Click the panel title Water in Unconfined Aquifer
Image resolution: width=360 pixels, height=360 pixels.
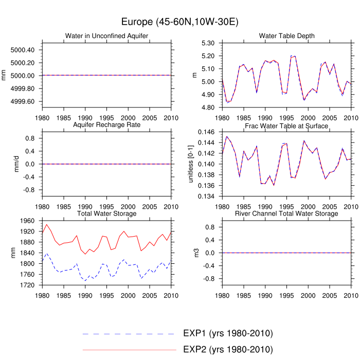pos(107,36)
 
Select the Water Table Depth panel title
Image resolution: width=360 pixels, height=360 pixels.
pos(287,36)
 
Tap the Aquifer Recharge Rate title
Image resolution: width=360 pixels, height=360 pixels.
pos(107,125)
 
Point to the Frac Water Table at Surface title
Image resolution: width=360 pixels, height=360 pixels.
pos(287,126)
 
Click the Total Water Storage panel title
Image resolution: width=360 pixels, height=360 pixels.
pos(107,213)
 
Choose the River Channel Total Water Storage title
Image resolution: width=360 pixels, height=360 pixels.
pos(287,213)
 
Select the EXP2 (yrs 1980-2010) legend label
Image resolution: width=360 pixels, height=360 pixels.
pos(228,350)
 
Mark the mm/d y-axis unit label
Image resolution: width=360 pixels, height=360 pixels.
pos(16,164)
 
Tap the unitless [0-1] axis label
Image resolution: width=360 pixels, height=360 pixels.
pos(191,164)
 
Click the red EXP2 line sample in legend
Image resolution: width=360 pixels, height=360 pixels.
pos(129,350)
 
